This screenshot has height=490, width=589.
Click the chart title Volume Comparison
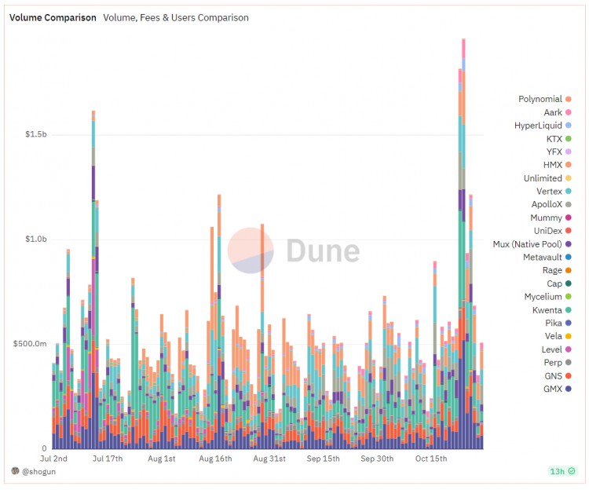(x=53, y=17)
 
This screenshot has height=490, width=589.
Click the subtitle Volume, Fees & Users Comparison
(x=176, y=17)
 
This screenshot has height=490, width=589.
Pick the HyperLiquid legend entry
(x=538, y=126)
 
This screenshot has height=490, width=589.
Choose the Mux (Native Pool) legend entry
(x=527, y=244)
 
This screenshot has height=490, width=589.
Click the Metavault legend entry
(x=543, y=258)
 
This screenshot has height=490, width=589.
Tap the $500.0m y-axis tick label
(x=32, y=344)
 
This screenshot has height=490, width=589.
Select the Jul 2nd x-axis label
(x=53, y=458)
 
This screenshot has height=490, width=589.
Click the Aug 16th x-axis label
(x=215, y=458)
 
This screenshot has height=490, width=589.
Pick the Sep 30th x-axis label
(x=376, y=458)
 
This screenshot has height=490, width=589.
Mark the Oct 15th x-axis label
(x=430, y=458)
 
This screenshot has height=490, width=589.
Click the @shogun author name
(x=38, y=471)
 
